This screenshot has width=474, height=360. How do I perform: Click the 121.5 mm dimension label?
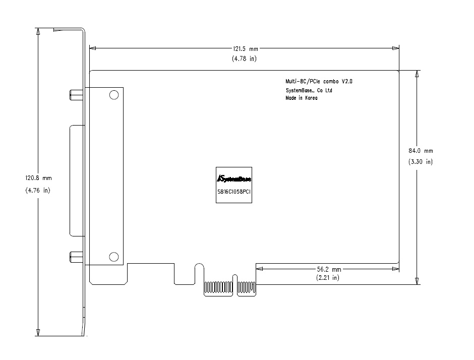tap(245, 49)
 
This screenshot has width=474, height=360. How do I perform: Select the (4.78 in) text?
tap(244, 58)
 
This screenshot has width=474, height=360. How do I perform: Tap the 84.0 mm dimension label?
tap(421, 151)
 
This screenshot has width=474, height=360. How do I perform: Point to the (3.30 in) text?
tap(421, 162)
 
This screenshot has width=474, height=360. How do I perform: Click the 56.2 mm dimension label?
tap(329, 269)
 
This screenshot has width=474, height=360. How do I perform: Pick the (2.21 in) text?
tap(328, 277)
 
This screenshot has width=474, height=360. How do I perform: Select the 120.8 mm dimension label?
tap(38, 178)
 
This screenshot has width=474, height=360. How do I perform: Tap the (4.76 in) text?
tap(38, 191)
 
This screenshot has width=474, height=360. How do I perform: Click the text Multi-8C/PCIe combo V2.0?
tap(319, 81)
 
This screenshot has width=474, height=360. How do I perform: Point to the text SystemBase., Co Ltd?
tap(309, 90)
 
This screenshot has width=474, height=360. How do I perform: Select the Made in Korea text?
tap(302, 98)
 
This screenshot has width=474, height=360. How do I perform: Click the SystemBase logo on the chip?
tap(234, 178)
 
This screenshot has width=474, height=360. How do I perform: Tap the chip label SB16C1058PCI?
tap(234, 192)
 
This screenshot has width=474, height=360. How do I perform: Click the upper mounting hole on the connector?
tap(114, 95)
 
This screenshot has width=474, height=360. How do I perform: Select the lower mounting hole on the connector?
tap(113, 257)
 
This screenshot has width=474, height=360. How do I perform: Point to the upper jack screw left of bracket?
tap(77, 95)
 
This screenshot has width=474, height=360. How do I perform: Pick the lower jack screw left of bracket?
tap(77, 257)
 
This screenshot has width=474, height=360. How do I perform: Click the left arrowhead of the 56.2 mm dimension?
tap(259, 269)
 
